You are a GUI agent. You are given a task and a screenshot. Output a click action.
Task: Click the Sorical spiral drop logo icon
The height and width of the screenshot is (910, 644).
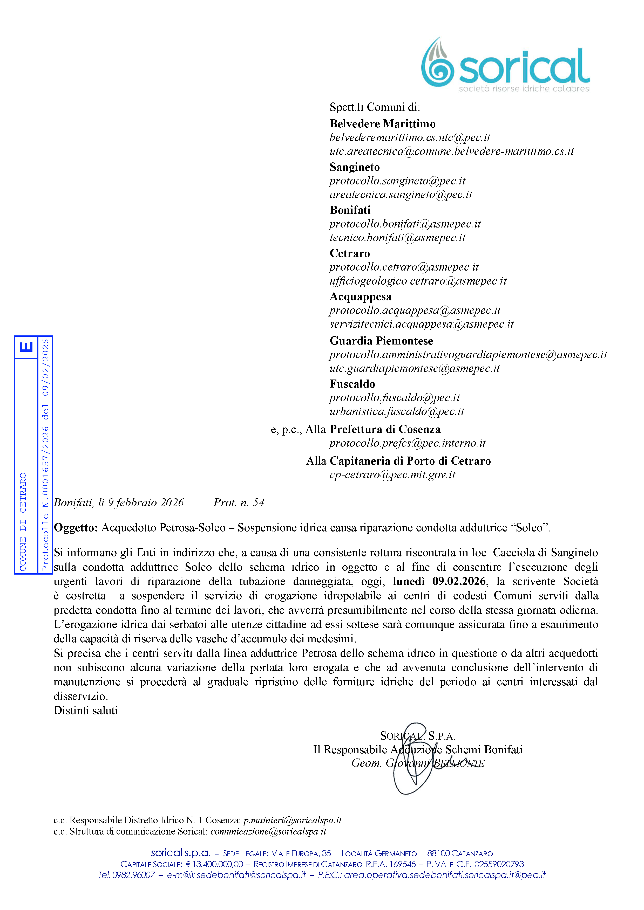[x=437, y=63]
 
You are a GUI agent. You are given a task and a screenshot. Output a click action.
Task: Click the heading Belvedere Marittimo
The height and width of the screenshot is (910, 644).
[x=382, y=124]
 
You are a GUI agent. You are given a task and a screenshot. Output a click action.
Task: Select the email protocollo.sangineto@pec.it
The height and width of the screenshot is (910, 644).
[x=397, y=181]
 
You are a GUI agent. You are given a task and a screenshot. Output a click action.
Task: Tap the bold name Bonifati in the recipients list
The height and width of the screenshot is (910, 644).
[x=350, y=210]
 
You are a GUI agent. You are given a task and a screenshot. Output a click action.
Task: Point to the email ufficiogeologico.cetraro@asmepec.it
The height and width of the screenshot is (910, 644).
[x=418, y=281]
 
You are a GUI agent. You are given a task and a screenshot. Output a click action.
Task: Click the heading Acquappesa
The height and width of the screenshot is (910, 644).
[x=361, y=297]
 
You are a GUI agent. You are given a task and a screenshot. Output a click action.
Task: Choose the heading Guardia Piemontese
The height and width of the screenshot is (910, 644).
[x=381, y=341]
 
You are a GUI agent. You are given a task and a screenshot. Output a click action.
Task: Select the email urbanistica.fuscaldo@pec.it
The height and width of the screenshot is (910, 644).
[x=397, y=411]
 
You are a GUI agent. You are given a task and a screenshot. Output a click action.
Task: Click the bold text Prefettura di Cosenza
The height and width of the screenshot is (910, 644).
[x=385, y=429]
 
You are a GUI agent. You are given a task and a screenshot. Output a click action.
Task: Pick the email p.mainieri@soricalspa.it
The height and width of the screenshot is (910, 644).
[x=292, y=820]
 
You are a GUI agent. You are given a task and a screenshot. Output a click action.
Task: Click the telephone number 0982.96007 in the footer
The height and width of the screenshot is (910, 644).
[x=133, y=875]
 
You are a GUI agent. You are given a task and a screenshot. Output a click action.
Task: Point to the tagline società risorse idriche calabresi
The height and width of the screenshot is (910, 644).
[x=524, y=89]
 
